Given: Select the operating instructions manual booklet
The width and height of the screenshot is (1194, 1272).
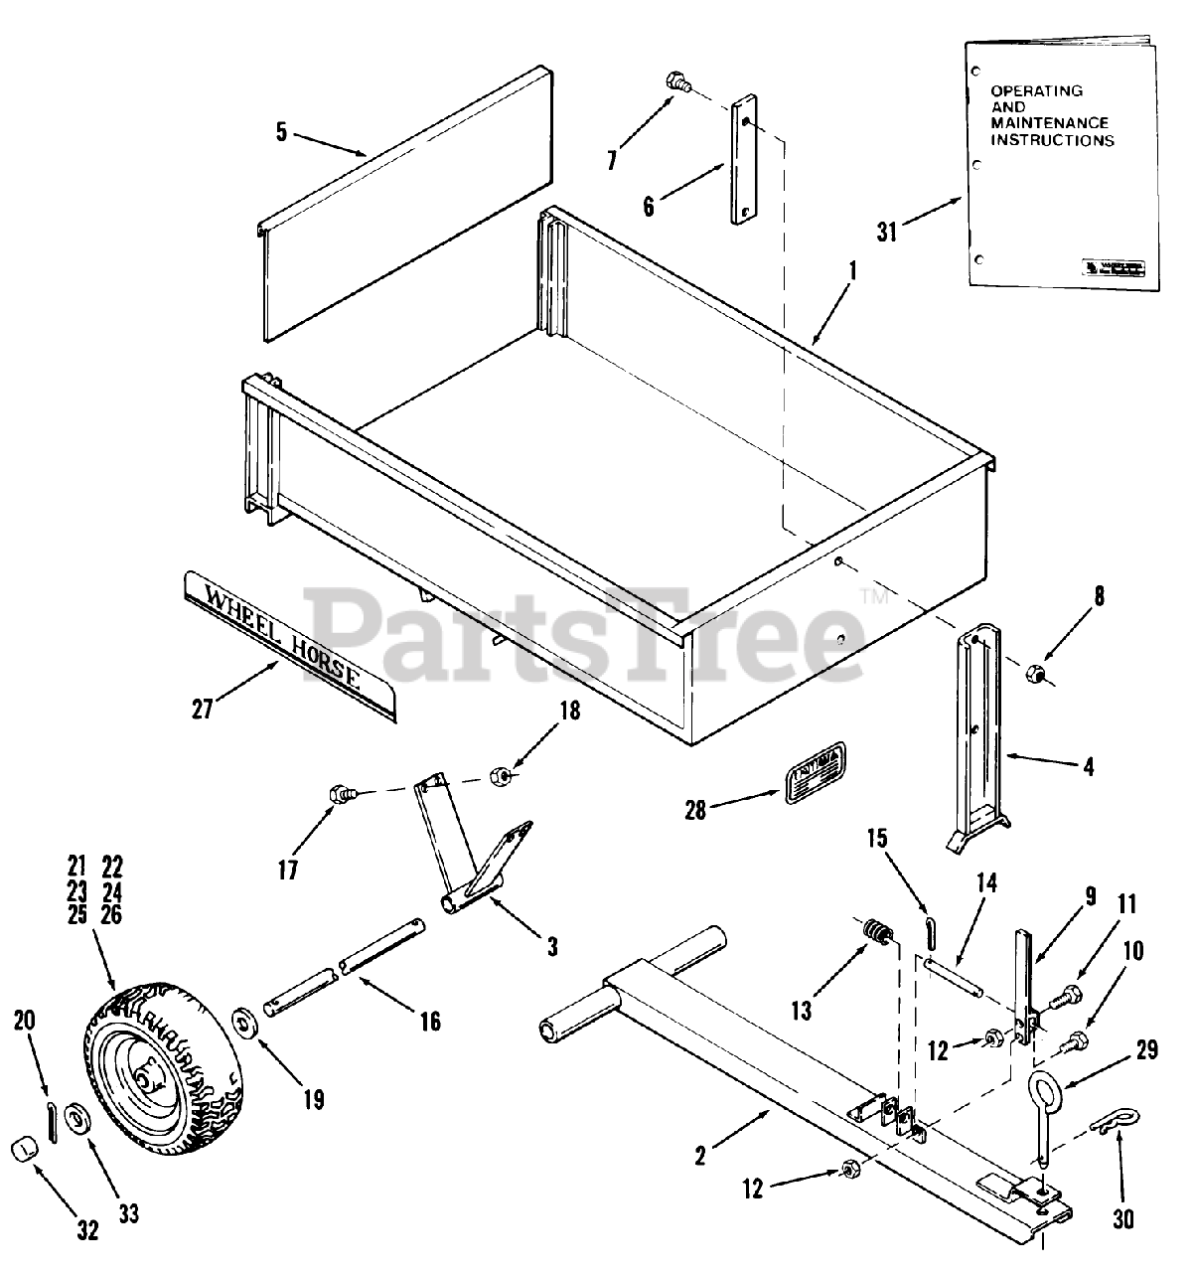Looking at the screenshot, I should coord(1059,169).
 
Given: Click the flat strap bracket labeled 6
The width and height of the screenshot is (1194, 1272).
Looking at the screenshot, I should coord(743,161).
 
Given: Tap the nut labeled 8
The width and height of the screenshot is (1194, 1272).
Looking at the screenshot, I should coord(1033,675).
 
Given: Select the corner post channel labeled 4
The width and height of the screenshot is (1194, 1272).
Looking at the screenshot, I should coord(978,735).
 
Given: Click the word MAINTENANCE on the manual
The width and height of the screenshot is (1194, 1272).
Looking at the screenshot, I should coord(1051,123).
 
